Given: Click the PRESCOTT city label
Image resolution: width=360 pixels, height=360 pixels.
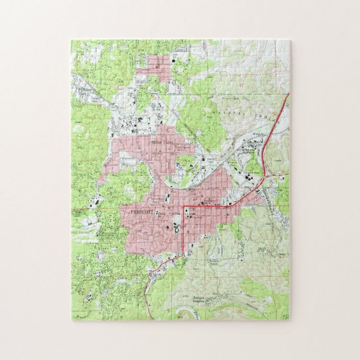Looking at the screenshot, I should tap(140, 213).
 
